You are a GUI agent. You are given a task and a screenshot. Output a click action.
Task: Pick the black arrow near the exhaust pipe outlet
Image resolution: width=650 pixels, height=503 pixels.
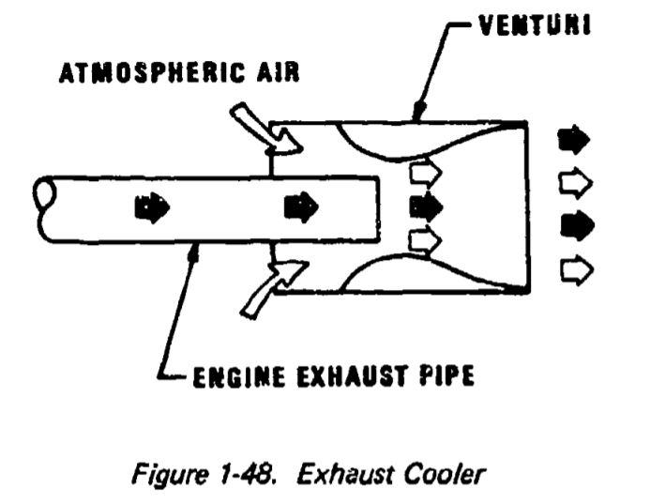(302, 204)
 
